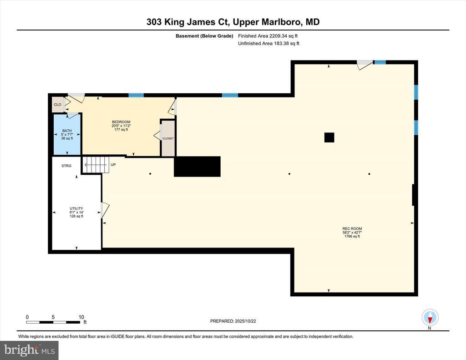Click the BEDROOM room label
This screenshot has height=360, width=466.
(121, 122)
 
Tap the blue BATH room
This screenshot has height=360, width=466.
(67, 134)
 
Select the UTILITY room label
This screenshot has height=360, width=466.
(76, 208)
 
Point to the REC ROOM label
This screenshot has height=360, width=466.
(352, 228)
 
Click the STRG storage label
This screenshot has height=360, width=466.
(66, 166)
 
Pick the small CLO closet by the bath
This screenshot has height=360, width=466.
(58, 105)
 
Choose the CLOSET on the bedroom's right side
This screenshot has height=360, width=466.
(168, 138)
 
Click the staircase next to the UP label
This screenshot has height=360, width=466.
(95, 165)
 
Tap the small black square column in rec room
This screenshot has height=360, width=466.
(329, 137)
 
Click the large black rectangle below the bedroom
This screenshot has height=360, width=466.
(198, 167)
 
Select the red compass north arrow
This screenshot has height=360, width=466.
(430, 320)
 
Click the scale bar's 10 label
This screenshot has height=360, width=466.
(81, 317)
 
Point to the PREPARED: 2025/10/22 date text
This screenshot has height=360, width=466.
(233, 321)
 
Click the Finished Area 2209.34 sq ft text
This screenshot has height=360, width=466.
(268, 36)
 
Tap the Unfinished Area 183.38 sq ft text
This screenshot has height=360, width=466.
(268, 43)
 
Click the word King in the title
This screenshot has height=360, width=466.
(173, 22)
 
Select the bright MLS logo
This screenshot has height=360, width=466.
(29, 350)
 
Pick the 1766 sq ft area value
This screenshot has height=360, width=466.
(352, 236)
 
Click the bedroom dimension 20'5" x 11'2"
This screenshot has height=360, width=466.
(121, 126)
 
